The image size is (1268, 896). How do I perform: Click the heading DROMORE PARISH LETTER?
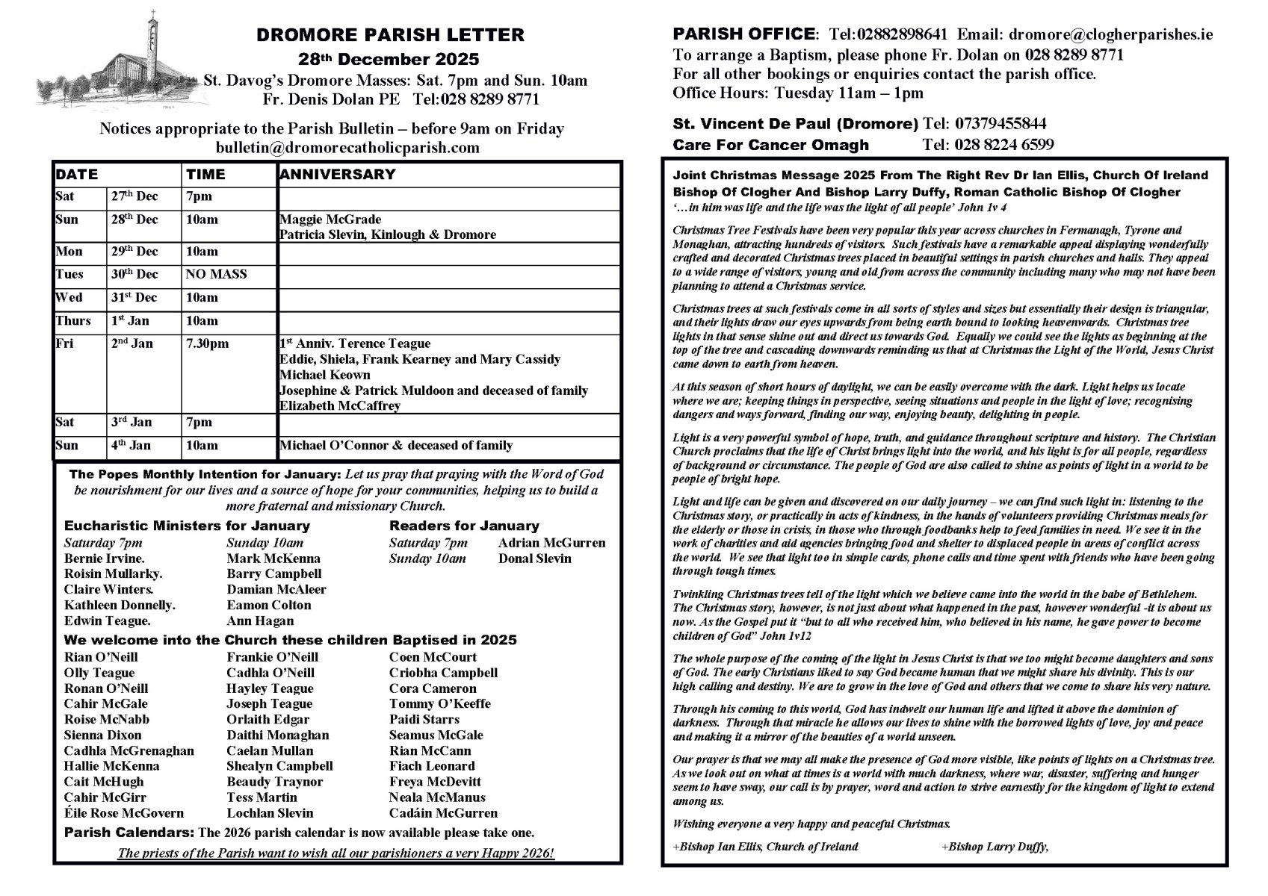point(390,35)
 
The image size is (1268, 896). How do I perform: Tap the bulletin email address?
point(347,148)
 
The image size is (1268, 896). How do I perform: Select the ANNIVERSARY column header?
point(338,175)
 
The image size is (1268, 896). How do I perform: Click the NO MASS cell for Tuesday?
point(216,274)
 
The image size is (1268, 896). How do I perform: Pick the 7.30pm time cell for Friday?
point(208,343)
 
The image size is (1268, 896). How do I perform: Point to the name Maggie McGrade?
point(330,220)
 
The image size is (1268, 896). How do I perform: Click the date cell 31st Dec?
point(134,297)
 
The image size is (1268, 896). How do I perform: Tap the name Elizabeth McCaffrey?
point(340,406)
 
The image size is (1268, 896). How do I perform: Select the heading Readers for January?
point(464,526)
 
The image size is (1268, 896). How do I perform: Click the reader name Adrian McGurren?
point(551,543)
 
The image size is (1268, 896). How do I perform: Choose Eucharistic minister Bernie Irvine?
point(105,559)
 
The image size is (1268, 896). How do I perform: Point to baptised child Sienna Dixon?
point(102,735)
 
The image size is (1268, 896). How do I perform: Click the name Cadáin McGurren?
point(443,813)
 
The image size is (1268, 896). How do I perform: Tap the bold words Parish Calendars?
point(129,833)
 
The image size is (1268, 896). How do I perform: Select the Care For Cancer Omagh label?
point(771,145)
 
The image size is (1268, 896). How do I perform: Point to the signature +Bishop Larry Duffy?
point(995,847)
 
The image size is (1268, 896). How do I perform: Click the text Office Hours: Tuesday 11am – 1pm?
point(798,93)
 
